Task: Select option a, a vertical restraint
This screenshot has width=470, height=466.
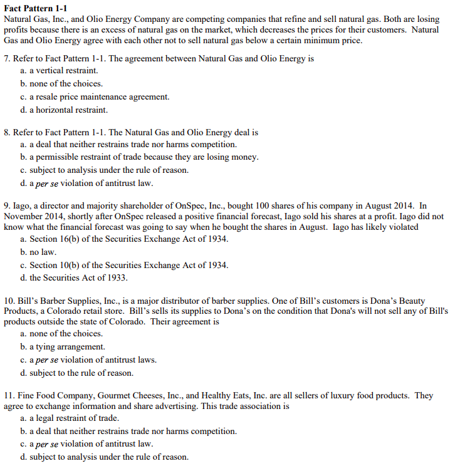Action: (x=59, y=70)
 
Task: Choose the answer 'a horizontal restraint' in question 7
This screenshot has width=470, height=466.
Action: (x=64, y=110)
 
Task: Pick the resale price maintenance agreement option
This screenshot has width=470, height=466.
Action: (x=95, y=96)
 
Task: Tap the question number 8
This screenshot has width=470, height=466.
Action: (x=7, y=133)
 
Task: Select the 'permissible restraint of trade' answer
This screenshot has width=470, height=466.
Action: (x=139, y=157)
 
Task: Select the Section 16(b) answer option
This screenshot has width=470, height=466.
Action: (x=124, y=239)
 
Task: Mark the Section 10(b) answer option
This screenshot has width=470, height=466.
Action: (x=124, y=265)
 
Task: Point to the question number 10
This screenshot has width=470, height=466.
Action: (x=9, y=301)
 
